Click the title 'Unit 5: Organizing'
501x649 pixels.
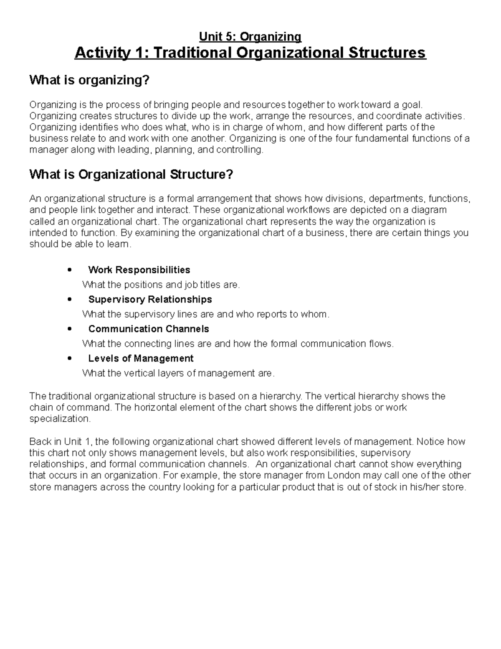point(250,37)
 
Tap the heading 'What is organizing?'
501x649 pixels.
point(89,80)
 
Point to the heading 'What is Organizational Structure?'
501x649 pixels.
point(131,174)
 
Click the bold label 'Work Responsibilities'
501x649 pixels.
point(139,270)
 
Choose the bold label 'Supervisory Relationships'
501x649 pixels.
point(150,299)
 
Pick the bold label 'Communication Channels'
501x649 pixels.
point(149,329)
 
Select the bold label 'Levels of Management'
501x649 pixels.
point(141,358)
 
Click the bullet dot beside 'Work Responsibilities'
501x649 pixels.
point(70,270)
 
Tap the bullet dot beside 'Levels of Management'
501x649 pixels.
point(70,358)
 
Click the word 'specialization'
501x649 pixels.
point(59,419)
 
